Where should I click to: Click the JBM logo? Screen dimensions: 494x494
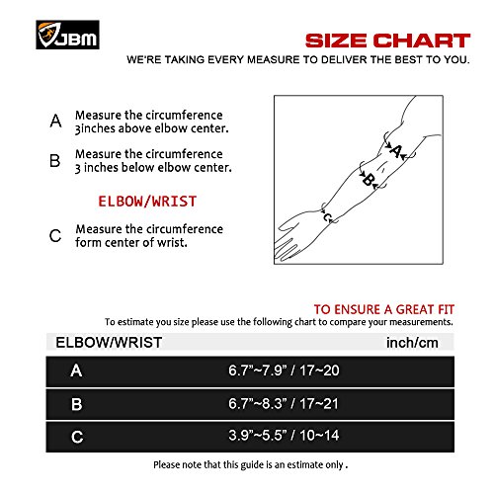tap(67, 35)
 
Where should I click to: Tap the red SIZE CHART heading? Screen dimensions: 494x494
tap(387, 41)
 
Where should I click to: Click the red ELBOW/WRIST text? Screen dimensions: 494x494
tap(147, 202)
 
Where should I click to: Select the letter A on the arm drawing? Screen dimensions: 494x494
tap(396, 151)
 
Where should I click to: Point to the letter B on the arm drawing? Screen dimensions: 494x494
tap(369, 180)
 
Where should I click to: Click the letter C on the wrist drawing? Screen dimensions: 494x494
tap(327, 217)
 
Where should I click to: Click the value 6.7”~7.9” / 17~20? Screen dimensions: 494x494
tap(284, 370)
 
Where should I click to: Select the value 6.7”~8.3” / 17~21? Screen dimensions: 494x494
tap(284, 403)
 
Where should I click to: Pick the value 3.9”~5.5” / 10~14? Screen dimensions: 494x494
tap(284, 435)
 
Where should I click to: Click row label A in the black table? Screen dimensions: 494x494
tap(76, 370)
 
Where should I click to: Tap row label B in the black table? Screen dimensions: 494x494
tap(76, 404)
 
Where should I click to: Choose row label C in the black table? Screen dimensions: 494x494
tap(77, 437)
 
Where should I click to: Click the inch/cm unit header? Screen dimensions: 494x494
tap(412, 343)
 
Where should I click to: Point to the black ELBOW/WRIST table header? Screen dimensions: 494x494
tap(109, 343)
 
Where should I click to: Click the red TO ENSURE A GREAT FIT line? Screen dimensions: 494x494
tap(384, 309)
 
